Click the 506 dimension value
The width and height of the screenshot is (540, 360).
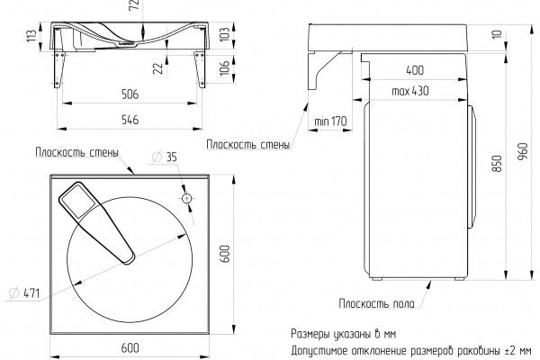pos(130,94)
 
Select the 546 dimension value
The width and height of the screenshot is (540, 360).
pos(130,120)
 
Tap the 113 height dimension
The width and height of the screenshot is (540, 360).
pos(31,36)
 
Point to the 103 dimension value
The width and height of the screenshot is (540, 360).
pos(224,34)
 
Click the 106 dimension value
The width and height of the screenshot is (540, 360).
pos(224,67)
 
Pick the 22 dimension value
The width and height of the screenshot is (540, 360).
pos(157,68)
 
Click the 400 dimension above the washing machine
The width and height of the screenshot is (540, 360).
pos(415,70)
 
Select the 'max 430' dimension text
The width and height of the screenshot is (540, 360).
pos(410,91)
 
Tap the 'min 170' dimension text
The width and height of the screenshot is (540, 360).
pos(330,121)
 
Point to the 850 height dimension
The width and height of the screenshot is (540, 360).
pos(498,164)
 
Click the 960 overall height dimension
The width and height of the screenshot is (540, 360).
pos(523,151)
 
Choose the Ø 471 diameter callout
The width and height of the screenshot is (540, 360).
pos(24,293)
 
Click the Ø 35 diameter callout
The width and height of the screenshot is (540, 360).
pos(165,157)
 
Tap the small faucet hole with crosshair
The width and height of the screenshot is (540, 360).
pos(186,198)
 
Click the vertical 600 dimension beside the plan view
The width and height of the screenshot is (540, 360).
pos(224,254)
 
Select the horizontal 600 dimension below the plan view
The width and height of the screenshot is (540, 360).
pos(130,348)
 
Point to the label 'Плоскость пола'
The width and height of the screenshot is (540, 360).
pos(377,303)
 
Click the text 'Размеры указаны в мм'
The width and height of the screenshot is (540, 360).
pos(344,334)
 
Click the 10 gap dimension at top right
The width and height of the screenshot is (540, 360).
pos(498,34)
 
